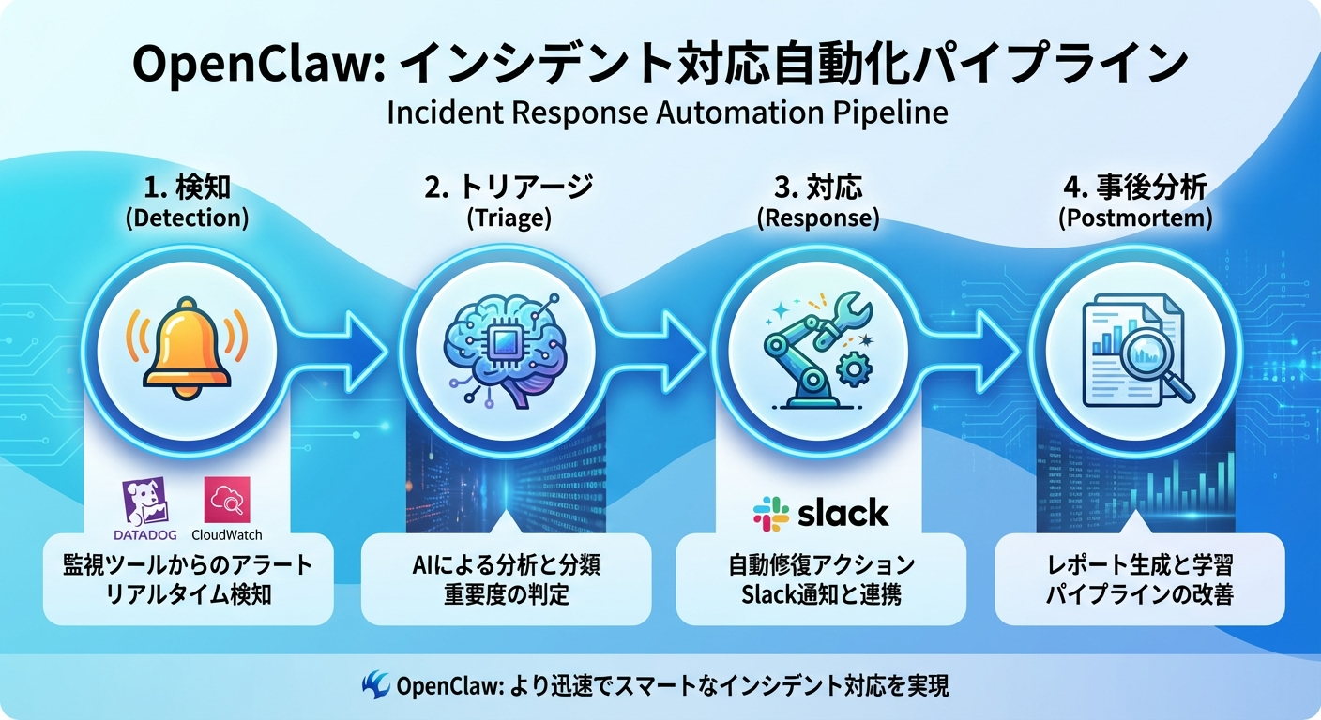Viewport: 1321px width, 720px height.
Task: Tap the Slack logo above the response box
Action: point(820,513)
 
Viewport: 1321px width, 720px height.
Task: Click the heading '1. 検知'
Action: point(189,188)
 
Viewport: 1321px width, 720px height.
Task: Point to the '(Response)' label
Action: point(817,218)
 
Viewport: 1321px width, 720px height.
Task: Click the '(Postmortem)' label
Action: point(1134,218)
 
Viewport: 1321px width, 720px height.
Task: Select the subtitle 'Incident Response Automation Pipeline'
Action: point(666,112)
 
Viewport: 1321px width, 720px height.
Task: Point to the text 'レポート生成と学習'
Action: point(1139,565)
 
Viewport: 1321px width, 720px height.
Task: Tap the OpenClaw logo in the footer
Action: point(375,685)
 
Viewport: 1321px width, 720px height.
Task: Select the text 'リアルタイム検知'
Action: point(189,594)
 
